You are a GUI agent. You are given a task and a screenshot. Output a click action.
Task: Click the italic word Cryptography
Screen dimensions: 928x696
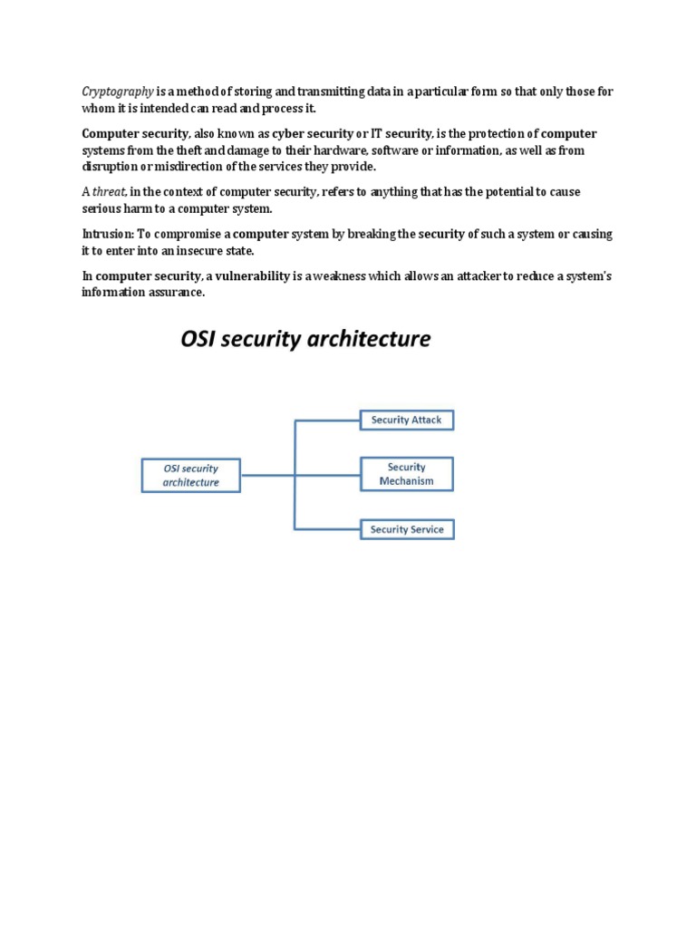(118, 92)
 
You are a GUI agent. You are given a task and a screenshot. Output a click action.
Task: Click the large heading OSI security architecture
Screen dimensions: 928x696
(304, 340)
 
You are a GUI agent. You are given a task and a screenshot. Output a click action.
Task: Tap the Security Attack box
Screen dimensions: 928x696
(407, 420)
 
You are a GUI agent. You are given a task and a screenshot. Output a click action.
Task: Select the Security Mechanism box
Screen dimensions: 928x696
(407, 474)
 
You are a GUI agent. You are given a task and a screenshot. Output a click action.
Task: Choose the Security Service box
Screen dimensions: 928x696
(407, 529)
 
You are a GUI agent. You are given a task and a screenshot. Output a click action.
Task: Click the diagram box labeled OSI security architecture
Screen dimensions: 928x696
(190, 475)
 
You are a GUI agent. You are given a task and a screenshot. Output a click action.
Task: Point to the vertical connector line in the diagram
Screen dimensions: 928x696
(295, 453)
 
